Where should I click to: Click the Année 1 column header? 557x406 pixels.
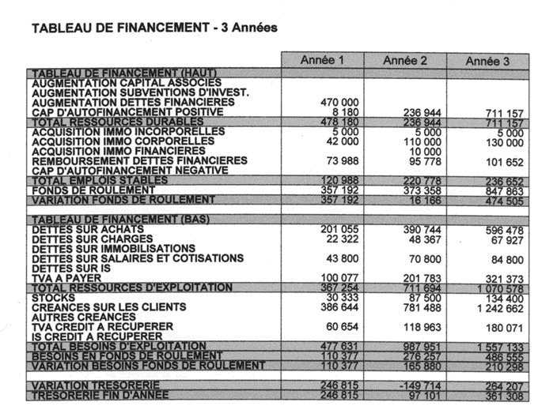point(323,61)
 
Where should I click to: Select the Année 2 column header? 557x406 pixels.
point(405,61)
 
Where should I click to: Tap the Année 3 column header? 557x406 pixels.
point(487,61)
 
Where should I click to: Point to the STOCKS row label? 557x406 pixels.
point(55,297)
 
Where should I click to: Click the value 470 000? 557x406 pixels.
point(339,102)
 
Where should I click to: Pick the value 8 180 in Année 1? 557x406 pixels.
point(344,112)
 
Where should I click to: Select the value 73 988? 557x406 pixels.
point(341,161)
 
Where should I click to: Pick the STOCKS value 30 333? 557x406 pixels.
point(341,297)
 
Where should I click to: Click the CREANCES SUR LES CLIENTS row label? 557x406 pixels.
point(109,306)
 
